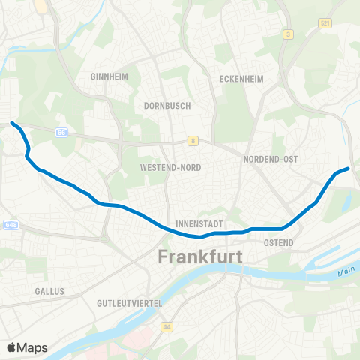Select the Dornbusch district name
[x=167, y=106]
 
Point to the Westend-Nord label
[x=170, y=168]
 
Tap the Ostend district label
[x=278, y=242]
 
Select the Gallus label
[x=49, y=290]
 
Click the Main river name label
[x=345, y=275]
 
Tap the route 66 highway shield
[x=61, y=132]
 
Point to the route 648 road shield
[x=10, y=224]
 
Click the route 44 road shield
[x=166, y=327]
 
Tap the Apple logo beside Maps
[x=12, y=347]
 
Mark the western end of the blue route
[x=13, y=122]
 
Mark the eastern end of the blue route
[x=348, y=169]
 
